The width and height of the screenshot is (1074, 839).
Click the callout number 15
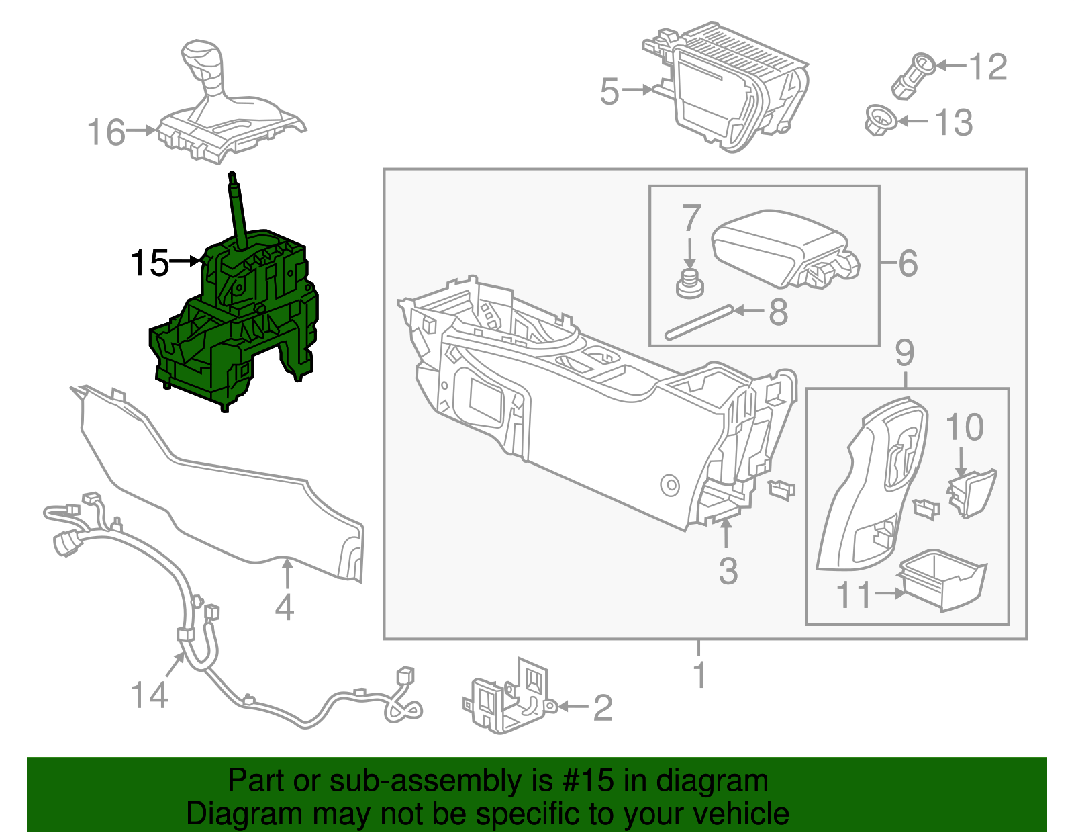coord(150,263)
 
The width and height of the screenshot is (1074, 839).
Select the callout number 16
coord(106,132)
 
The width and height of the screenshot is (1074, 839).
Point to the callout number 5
coord(609,91)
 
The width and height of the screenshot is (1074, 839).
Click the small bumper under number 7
coord(690,284)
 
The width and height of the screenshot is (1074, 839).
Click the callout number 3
coord(728,571)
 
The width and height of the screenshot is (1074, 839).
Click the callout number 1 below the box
coord(699,674)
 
